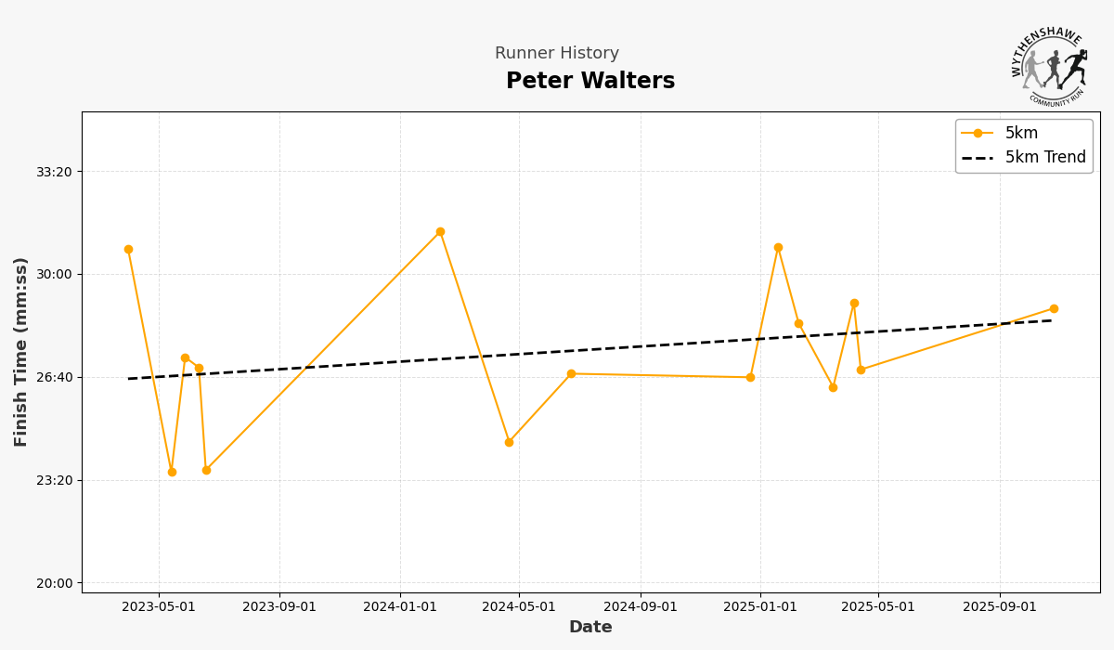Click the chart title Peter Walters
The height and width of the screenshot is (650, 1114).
590,82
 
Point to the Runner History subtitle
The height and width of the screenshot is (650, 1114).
557,54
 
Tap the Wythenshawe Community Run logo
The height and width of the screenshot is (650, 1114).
1050,67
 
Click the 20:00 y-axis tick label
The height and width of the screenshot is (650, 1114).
54,583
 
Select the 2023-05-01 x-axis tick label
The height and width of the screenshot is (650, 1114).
159,607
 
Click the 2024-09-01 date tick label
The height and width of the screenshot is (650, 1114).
641,607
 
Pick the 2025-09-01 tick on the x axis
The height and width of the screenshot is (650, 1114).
1000,607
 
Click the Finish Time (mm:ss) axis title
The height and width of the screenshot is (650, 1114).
21,352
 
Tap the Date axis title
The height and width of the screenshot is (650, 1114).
590,628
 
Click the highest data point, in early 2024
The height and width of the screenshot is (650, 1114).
440,232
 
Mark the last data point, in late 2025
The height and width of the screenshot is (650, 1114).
1054,309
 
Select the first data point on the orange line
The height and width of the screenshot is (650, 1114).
128,250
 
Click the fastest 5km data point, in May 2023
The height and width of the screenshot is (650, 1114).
172,473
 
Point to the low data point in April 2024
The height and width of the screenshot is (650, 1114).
509,443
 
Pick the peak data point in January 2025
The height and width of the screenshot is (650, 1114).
778,248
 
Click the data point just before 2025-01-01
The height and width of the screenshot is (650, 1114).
750,378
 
